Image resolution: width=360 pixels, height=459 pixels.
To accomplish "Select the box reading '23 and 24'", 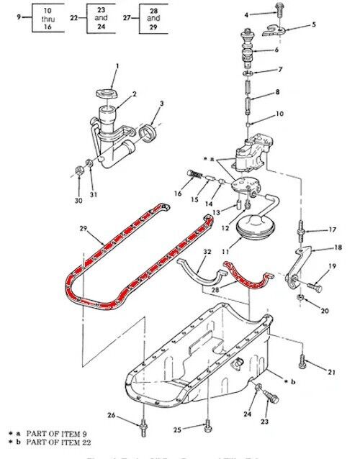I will [x=101, y=16].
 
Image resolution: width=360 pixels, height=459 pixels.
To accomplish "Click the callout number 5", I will [x=313, y=25].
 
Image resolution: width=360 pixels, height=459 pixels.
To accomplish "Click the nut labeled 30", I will [x=77, y=171].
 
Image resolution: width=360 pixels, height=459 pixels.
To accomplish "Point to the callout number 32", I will [x=207, y=252].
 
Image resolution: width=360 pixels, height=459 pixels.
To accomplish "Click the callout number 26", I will [x=112, y=415].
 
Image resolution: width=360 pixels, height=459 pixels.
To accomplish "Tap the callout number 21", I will [x=332, y=371].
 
